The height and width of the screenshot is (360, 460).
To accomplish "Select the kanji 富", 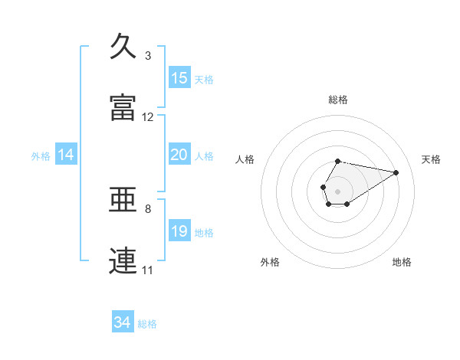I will pyautogui.click(x=123, y=107).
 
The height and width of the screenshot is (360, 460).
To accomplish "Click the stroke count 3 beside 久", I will pyautogui.click(x=148, y=56).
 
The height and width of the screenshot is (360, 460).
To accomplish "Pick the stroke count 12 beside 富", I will pyautogui.click(x=148, y=117).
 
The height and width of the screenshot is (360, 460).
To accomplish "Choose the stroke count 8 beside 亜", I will pyautogui.click(x=148, y=208).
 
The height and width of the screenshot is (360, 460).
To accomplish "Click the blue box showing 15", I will pyautogui.click(x=179, y=78).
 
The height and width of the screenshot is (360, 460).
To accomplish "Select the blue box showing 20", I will pyautogui.click(x=179, y=155).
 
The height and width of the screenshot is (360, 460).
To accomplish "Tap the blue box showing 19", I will pyautogui.click(x=179, y=231).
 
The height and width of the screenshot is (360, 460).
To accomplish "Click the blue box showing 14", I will pyautogui.click(x=66, y=155).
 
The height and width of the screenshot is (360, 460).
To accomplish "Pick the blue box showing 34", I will pyautogui.click(x=123, y=323).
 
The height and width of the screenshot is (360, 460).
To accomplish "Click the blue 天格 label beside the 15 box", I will pyautogui.click(x=204, y=80).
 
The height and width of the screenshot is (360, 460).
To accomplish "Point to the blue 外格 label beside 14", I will pyautogui.click(x=41, y=156).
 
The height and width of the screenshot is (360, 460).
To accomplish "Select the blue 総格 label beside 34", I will pyautogui.click(x=147, y=325).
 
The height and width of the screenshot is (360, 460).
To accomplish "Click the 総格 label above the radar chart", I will pyautogui.click(x=338, y=100).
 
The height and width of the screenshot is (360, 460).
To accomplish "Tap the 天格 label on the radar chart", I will pyautogui.click(x=432, y=159).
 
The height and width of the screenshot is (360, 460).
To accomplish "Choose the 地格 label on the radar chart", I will pyautogui.click(x=402, y=263).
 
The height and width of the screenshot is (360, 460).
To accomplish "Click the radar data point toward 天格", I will pyautogui.click(x=396, y=172).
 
